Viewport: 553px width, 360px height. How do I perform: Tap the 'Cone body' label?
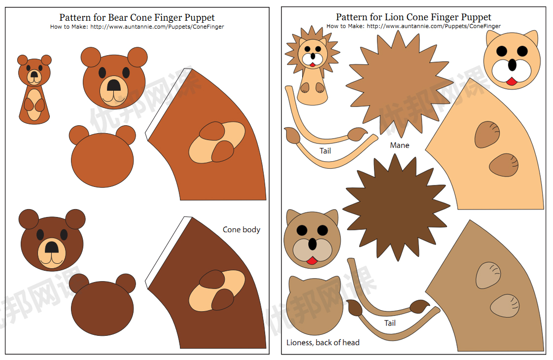(x=242, y=229)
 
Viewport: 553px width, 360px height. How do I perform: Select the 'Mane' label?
(x=400, y=145)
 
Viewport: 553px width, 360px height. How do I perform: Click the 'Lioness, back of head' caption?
(x=323, y=342)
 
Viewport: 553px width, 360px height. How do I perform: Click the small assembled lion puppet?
(x=312, y=69)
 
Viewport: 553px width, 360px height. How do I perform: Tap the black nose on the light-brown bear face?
(x=114, y=85)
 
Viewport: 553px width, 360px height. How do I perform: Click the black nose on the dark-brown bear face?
(x=51, y=246)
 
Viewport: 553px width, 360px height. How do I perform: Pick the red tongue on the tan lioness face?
(x=311, y=260)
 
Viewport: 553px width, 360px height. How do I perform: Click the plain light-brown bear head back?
(x=102, y=158)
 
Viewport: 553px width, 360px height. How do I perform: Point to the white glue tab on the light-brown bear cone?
(x=167, y=101)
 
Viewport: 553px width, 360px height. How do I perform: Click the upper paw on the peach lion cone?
(x=487, y=134)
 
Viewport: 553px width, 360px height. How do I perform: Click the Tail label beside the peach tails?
(x=325, y=151)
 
